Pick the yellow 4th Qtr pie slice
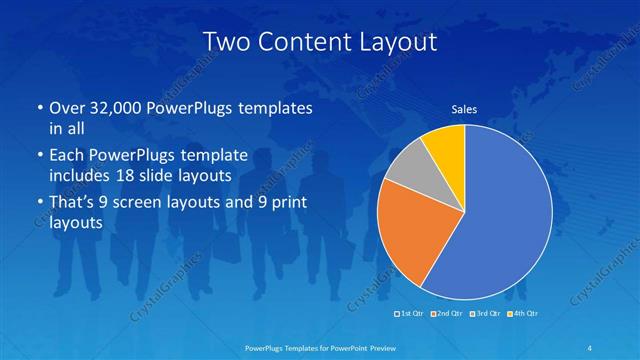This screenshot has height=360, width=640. pos(444,145)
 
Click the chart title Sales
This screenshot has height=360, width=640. pos(464,110)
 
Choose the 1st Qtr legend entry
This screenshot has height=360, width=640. pos(410,315)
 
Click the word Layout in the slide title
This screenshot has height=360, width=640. pos(397,41)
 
